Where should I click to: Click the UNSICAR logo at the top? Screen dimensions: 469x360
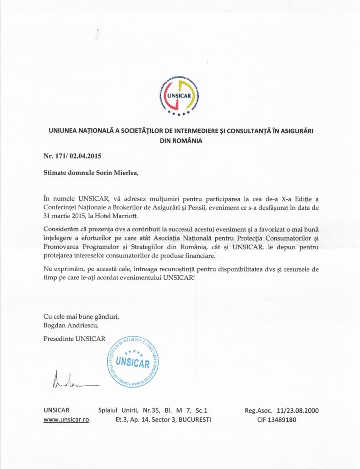[180, 95]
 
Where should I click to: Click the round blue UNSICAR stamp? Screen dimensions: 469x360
[133, 361]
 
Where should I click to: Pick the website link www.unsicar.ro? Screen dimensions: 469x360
[66, 419]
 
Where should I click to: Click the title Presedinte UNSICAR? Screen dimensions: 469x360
[74, 339]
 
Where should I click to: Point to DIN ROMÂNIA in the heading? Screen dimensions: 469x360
[180, 141]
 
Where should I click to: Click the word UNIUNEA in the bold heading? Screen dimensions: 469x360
[67, 131]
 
